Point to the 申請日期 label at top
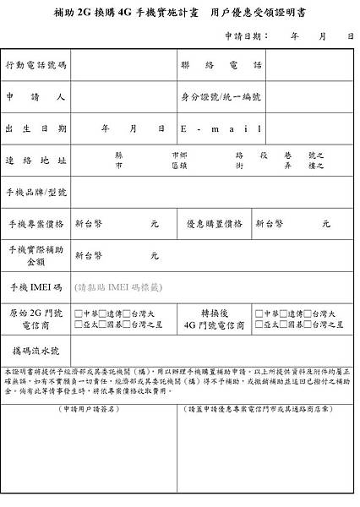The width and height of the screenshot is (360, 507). pyautogui.click(x=246, y=37)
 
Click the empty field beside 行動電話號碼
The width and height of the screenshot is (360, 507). pyautogui.click(x=122, y=65)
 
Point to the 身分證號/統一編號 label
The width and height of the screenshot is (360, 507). pyautogui.click(x=217, y=96)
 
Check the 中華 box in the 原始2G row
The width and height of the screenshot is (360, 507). pyautogui.click(x=78, y=313)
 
